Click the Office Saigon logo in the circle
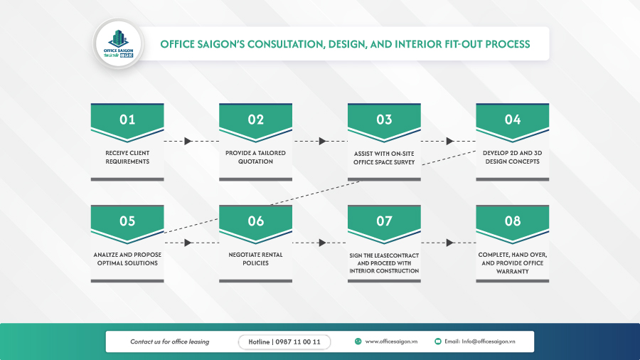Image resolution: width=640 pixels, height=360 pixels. coord(118,43)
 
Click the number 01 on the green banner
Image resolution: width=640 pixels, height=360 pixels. coord(127,120)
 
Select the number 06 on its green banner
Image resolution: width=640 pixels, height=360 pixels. coord(256,221)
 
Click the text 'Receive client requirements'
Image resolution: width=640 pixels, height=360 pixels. coord(127,157)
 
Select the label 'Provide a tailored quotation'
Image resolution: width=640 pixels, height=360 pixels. coord(255,157)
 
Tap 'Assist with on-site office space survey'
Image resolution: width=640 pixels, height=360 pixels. coord(384,158)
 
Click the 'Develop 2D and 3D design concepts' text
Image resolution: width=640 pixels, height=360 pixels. coord(512,157)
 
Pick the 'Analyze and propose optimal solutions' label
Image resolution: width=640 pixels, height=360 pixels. coord(127,259)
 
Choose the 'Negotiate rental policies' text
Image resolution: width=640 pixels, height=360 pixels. coord(255,259)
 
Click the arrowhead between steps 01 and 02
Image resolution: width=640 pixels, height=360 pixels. coord(188,141)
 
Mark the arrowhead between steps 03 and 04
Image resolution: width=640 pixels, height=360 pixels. coord(450,141)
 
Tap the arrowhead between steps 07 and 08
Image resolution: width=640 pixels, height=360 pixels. coord(450,243)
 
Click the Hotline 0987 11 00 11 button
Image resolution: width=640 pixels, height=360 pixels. coord(284,342)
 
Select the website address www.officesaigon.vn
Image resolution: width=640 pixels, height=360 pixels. coord(391,342)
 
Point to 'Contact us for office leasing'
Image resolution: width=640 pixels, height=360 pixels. coord(169,342)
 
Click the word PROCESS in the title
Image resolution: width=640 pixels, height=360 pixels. coord(507,44)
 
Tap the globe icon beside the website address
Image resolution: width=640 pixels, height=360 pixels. coord(358,342)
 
